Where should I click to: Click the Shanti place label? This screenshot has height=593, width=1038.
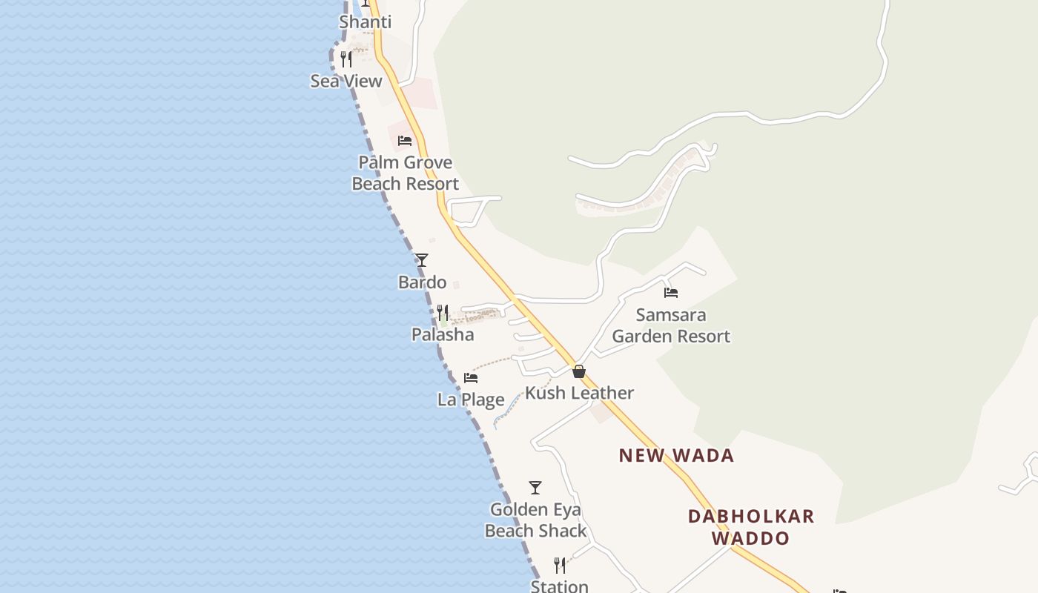tap(365, 22)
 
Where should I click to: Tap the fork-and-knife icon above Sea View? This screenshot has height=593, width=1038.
tap(346, 59)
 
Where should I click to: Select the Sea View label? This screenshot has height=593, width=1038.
tap(346, 81)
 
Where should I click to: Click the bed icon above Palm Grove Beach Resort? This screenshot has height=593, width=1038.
tap(405, 140)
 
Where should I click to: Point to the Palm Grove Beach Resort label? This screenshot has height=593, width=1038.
tap(405, 173)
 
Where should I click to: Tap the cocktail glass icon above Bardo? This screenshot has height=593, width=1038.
tap(422, 260)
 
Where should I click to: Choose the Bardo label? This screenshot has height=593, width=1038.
tap(423, 282)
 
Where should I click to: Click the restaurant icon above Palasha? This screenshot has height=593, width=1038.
tap(443, 312)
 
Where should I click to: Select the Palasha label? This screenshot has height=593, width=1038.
tap(443, 334)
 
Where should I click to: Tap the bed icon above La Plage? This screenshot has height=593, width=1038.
tap(471, 377)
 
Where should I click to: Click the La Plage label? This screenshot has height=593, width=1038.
tap(471, 400)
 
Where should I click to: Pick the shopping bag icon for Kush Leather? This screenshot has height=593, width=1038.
tap(579, 371)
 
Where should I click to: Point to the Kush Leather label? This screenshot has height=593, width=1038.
tap(579, 393)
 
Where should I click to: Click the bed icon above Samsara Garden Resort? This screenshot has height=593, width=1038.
tap(671, 292)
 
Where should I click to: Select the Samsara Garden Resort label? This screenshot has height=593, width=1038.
tap(671, 325)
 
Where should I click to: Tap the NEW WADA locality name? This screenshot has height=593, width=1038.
tap(676, 455)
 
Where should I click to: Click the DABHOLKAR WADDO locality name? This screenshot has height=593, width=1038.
tap(751, 526)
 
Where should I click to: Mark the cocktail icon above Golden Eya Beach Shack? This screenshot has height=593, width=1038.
tap(535, 488)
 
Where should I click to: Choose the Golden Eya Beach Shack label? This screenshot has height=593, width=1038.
tap(535, 520)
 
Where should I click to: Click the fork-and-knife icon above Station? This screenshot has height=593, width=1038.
tap(560, 566)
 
